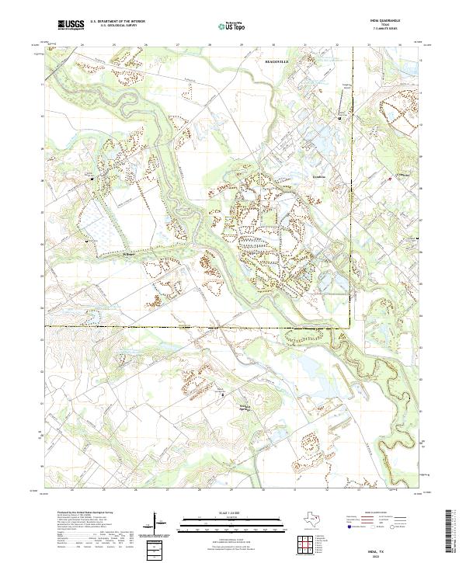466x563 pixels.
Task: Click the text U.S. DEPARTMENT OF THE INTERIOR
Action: (117, 23)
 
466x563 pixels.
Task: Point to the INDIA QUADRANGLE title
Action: (388, 22)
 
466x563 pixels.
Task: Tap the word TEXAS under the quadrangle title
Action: (388, 26)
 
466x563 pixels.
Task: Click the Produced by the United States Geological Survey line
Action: (85, 513)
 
